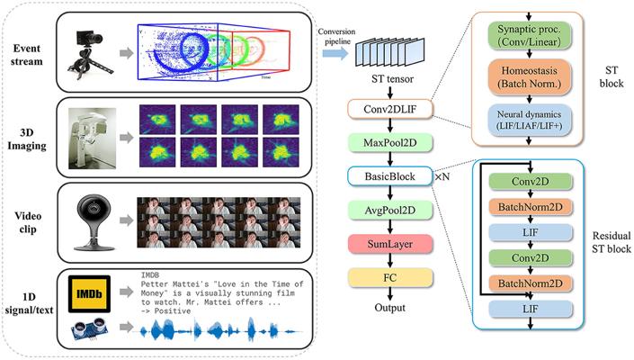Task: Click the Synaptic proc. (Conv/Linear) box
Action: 529,37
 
